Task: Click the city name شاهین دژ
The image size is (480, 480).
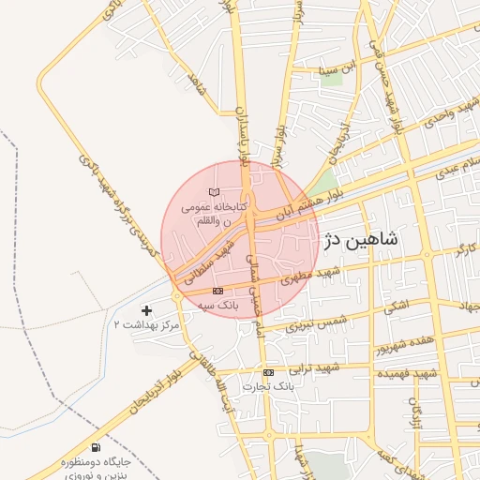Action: [360, 240]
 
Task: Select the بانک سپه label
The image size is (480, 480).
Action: [222, 306]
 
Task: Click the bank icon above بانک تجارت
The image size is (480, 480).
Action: [269, 372]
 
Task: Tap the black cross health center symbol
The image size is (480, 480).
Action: [145, 309]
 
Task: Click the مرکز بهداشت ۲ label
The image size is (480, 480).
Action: [145, 323]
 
